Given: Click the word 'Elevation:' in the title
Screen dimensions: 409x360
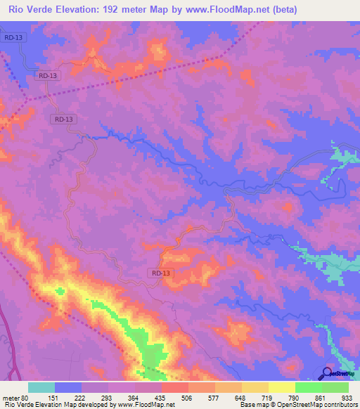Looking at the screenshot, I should coord(80,10).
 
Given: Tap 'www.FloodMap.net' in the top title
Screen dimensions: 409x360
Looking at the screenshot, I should coord(226,10).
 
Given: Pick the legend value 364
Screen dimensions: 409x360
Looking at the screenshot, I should coord(135,398).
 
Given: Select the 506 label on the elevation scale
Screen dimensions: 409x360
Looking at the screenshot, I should coord(188,398).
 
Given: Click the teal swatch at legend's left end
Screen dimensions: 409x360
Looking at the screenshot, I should coord(41,387).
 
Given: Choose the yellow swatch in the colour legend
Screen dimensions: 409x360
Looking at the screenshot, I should coord(282,387).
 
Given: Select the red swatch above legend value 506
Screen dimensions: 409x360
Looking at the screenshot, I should coord(175,387).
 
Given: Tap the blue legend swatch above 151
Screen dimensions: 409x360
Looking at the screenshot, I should coord(68,387).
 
